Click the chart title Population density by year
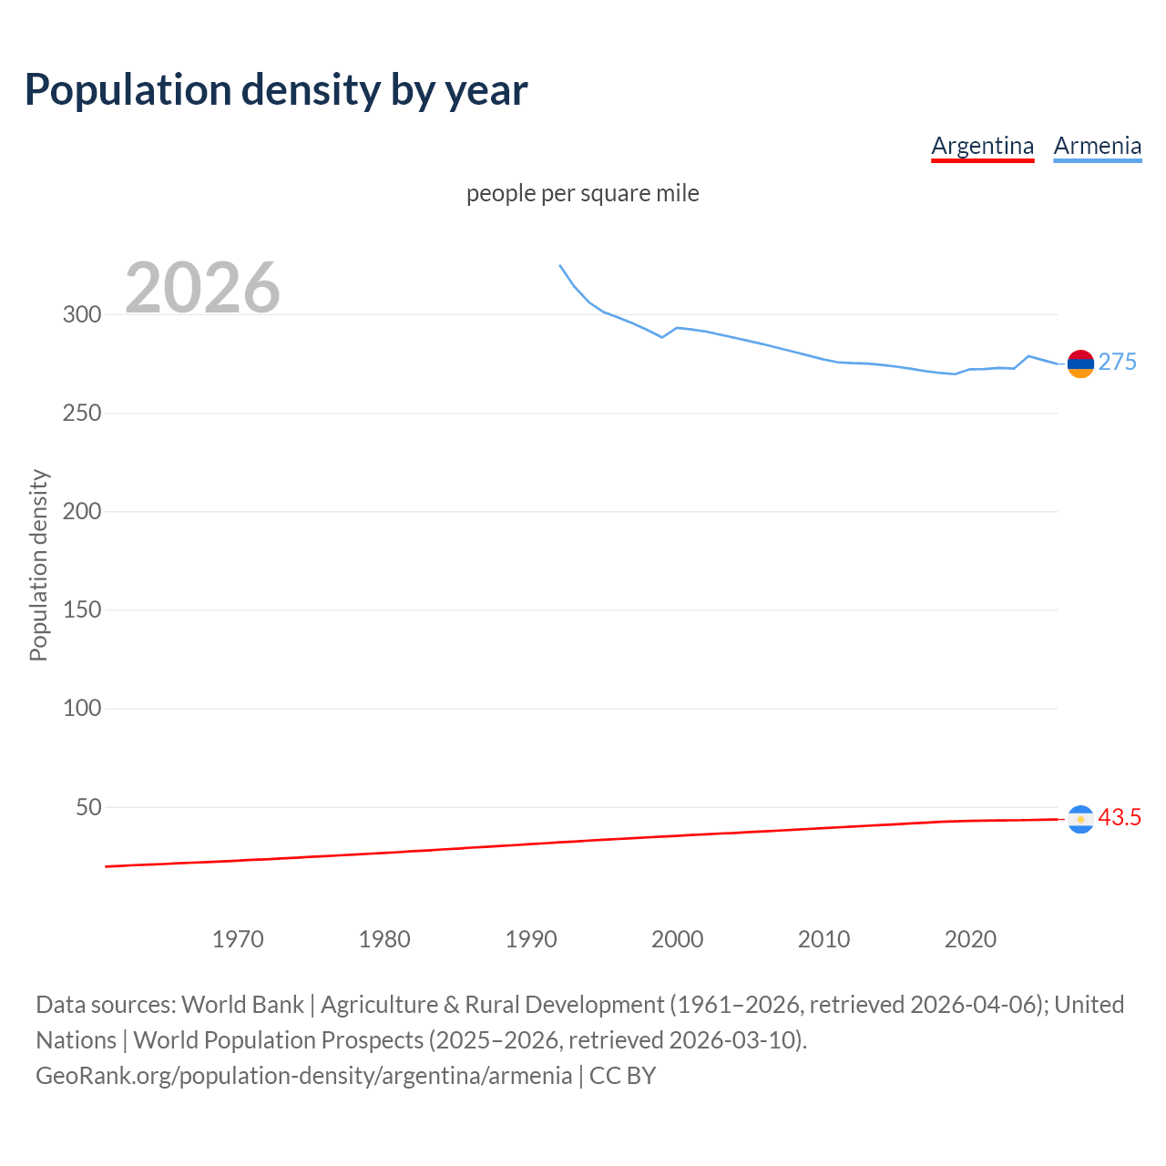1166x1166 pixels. click(276, 90)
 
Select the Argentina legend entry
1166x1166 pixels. click(982, 146)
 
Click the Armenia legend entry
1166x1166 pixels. click(1097, 146)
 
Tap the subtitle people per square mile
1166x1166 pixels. click(582, 193)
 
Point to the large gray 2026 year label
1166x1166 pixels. click(202, 288)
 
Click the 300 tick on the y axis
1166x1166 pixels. click(82, 315)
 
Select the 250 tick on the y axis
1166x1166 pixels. click(82, 414)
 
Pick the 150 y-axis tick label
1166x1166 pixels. click(82, 610)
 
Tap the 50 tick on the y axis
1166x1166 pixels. click(88, 807)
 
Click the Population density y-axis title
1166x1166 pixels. click(38, 565)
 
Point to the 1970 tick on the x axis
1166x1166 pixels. click(238, 939)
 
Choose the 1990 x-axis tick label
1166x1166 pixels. click(531, 939)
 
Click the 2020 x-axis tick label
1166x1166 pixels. click(970, 939)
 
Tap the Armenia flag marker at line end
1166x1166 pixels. click(1080, 363)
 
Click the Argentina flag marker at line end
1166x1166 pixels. click(1080, 820)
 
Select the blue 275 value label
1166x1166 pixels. click(1117, 363)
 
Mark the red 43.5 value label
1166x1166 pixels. click(1120, 818)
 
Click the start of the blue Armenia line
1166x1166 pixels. click(560, 266)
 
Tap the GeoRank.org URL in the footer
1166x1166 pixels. click(303, 1076)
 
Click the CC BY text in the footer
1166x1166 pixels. click(622, 1076)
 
